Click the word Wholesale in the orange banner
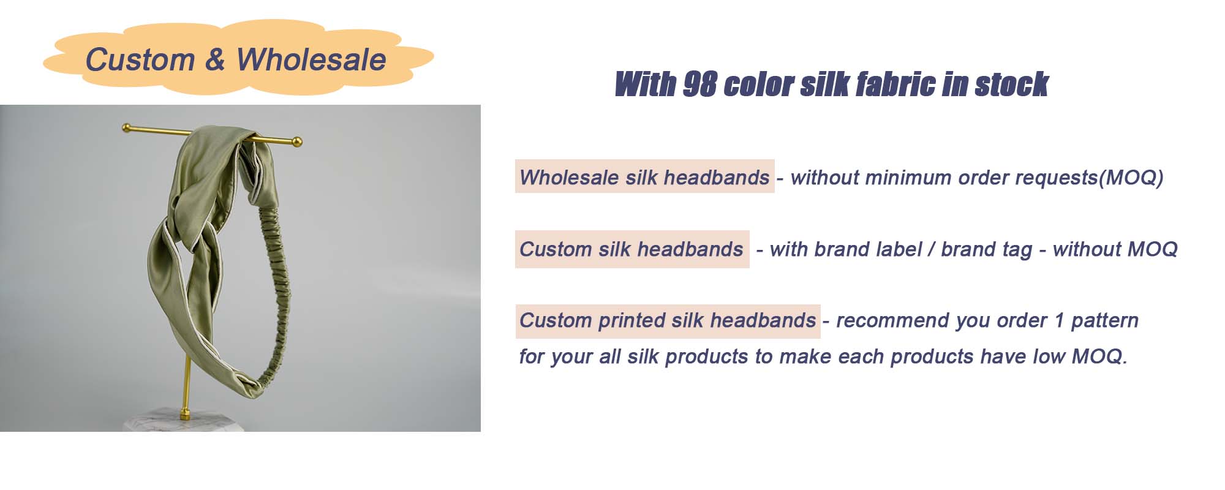tap(311, 60)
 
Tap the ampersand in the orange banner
tap(215, 60)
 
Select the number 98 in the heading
tap(699, 85)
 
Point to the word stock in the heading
tap(1011, 85)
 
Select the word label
tap(899, 249)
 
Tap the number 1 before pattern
tap(1059, 320)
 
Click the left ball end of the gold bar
tap(127, 128)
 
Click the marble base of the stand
tap(184, 423)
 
